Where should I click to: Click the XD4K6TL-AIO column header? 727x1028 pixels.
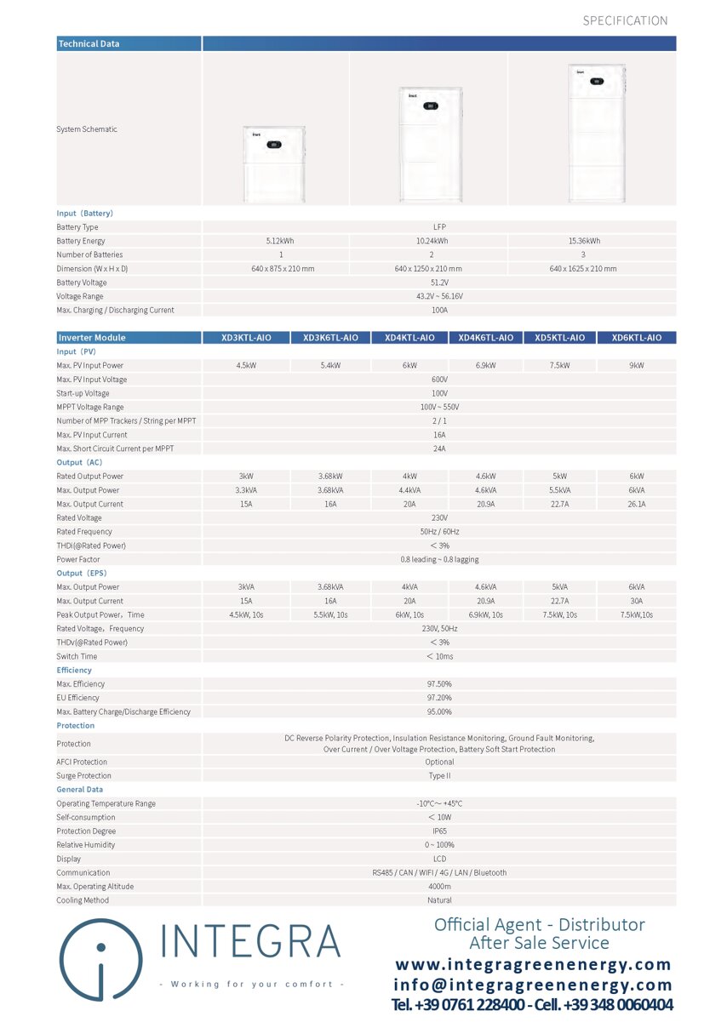[x=485, y=338]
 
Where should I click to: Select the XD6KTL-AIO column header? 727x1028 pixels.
[x=637, y=338]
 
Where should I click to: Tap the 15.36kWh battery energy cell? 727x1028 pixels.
[x=584, y=241]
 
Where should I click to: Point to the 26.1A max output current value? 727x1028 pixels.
[x=637, y=505]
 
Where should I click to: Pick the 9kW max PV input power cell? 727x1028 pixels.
[x=637, y=366]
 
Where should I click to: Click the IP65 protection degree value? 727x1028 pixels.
[x=439, y=831]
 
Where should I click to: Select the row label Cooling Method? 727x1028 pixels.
[x=83, y=900]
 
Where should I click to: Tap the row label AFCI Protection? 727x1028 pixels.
[x=82, y=762]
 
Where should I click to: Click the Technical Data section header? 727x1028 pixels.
[x=89, y=43]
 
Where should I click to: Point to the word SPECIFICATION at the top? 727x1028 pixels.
[x=625, y=20]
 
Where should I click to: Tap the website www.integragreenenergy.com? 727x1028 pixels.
[x=533, y=965]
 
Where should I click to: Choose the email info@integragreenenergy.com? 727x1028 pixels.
[x=533, y=985]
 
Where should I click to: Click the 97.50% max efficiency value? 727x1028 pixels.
[x=439, y=684]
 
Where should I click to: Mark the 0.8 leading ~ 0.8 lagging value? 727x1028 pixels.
[x=439, y=560]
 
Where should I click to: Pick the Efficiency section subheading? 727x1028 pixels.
[x=74, y=671]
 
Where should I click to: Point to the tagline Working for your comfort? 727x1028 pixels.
[x=252, y=985]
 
